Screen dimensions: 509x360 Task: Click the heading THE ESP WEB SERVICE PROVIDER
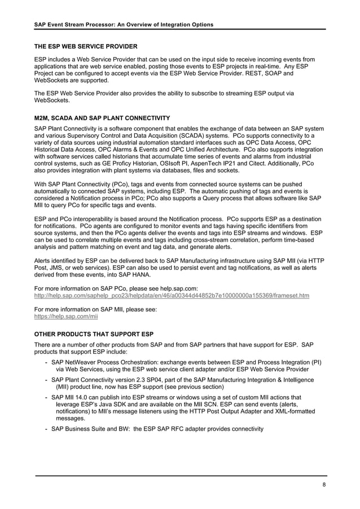point(86,46)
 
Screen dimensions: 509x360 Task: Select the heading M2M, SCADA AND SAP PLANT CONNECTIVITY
point(102,118)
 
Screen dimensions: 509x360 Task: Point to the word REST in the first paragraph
point(260,74)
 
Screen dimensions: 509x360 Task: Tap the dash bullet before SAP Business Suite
point(45,429)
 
